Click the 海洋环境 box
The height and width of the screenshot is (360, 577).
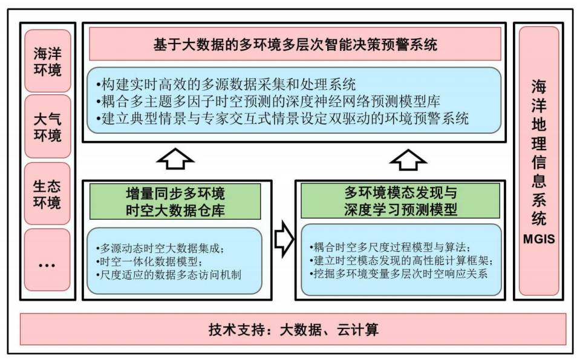(x=47, y=62)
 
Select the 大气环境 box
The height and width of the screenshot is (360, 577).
(x=47, y=126)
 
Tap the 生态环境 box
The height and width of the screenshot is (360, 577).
(x=47, y=193)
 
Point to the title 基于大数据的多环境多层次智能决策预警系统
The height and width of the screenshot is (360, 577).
(x=295, y=44)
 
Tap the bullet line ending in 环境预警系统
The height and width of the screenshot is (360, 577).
(x=281, y=118)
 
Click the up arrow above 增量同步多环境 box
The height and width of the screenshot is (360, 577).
(x=175, y=159)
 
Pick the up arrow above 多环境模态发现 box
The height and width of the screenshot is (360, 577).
(x=408, y=159)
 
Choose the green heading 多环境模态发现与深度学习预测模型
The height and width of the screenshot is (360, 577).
(x=400, y=201)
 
